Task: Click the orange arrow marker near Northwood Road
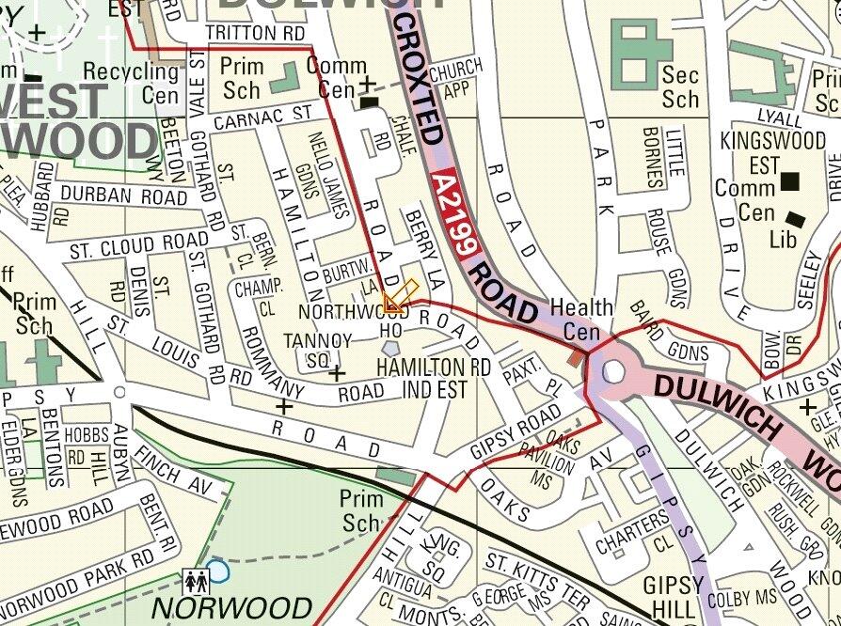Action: tap(399, 297)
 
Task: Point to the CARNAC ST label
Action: tap(262, 117)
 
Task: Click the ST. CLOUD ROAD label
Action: tap(127, 246)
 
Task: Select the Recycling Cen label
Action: tap(132, 83)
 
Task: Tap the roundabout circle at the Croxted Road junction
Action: tap(612, 371)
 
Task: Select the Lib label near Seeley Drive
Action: tap(783, 240)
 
